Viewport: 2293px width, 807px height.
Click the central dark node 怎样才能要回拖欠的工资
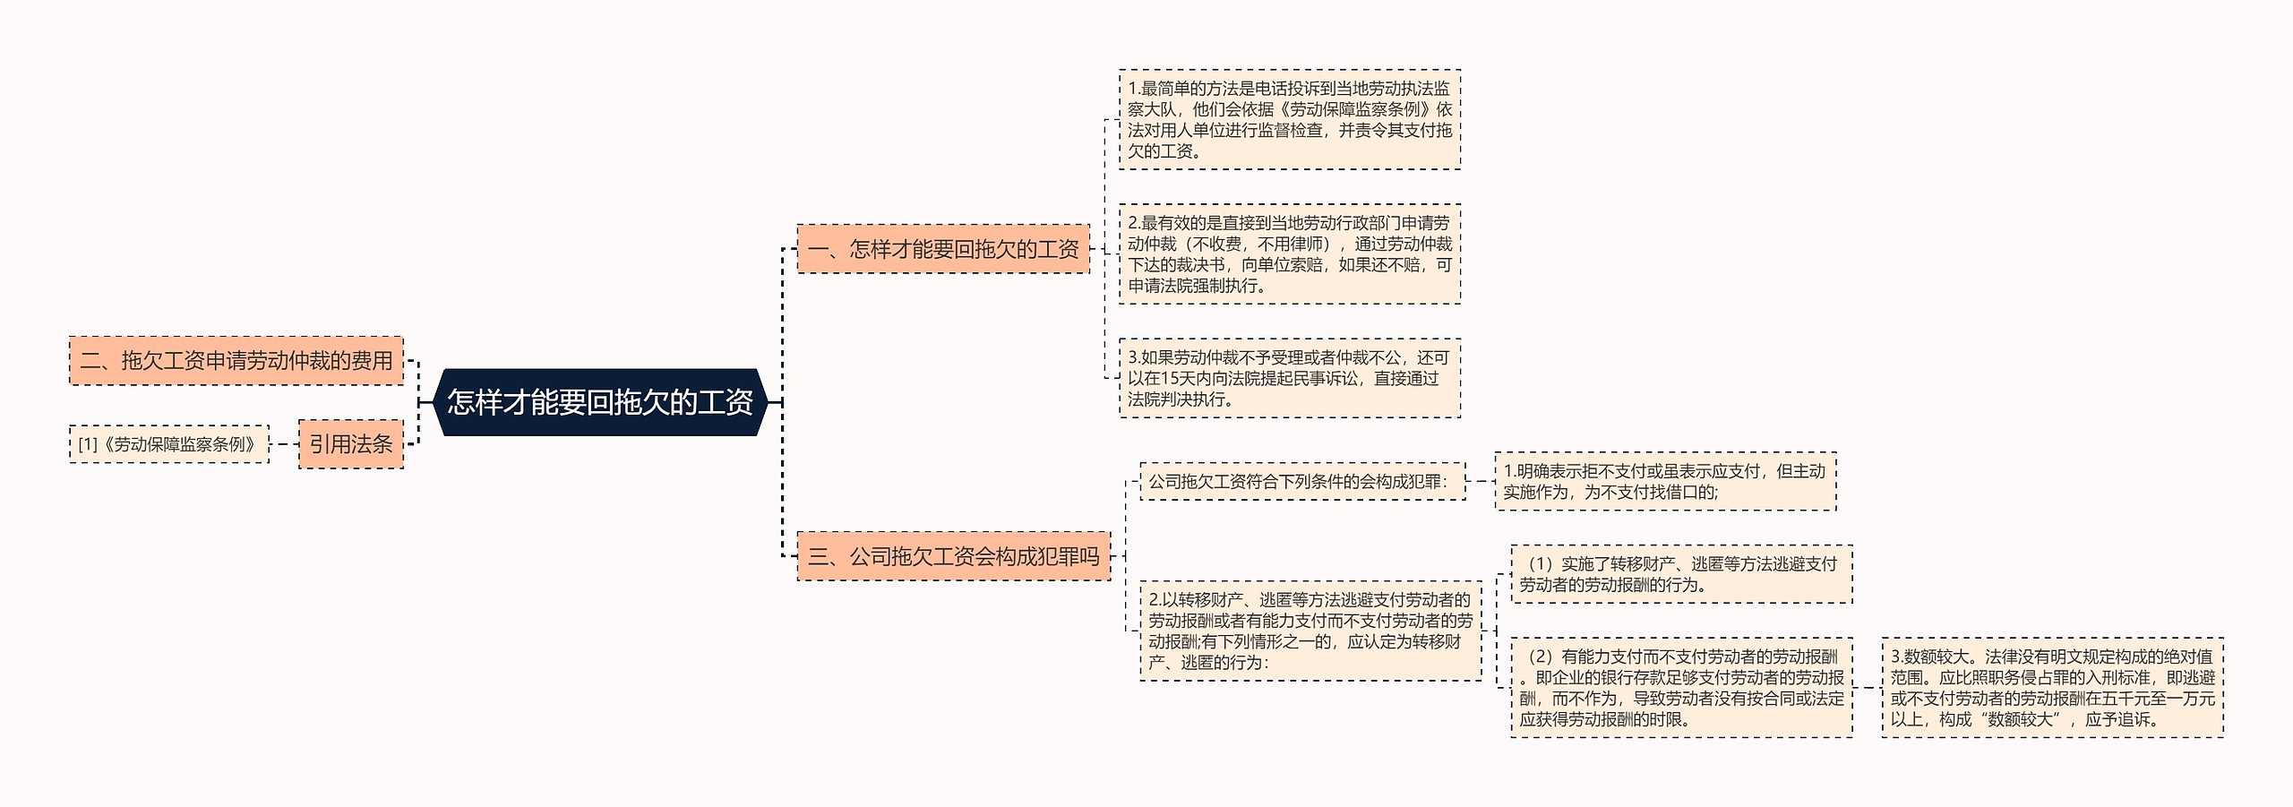point(600,402)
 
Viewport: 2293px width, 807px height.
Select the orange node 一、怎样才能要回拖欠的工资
point(943,249)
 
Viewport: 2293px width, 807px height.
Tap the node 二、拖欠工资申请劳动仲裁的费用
point(236,361)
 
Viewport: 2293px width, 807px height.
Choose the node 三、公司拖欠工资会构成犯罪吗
point(953,556)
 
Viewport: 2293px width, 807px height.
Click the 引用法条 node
point(351,444)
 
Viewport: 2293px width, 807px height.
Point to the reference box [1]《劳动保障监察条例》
point(169,444)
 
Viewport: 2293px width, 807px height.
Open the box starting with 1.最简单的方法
point(1290,120)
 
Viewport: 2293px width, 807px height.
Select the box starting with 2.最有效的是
point(1290,254)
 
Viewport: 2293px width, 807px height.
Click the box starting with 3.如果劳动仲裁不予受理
point(1290,378)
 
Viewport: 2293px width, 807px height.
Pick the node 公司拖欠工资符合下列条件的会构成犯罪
point(1302,482)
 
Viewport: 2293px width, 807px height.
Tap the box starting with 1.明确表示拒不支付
point(1665,482)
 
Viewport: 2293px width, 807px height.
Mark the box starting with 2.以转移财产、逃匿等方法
point(1310,631)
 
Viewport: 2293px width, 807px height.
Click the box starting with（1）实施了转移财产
point(1681,574)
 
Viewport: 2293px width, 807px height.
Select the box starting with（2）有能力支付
point(1681,687)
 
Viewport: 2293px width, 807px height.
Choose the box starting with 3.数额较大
point(2052,687)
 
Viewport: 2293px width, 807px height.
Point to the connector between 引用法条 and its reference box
point(284,444)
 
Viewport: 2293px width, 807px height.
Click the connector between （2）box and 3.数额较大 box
point(1868,687)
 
